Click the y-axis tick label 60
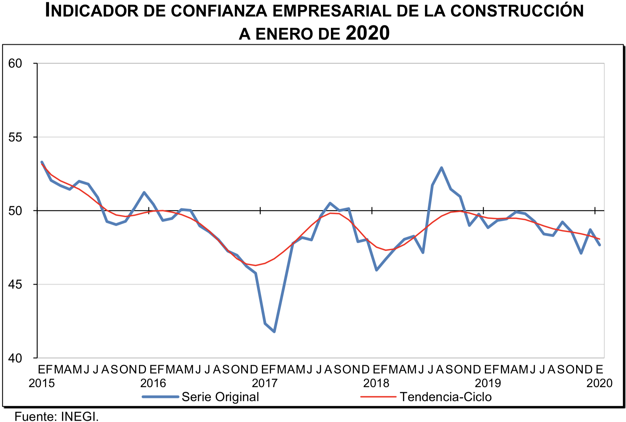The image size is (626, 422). click(x=15, y=64)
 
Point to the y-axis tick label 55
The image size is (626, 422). click(x=15, y=137)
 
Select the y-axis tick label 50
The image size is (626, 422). click(x=15, y=211)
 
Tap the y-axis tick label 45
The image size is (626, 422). click(x=15, y=285)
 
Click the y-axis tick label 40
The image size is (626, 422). click(x=15, y=358)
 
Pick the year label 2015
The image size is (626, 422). click(x=42, y=383)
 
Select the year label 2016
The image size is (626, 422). click(x=153, y=383)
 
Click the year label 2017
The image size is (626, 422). click(x=265, y=383)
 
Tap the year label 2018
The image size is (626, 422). click(x=376, y=383)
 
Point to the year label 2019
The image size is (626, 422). click(x=488, y=383)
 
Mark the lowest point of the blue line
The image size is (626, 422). click(x=274, y=332)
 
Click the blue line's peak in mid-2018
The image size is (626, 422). click(x=441, y=168)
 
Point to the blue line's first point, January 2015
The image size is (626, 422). click(x=42, y=162)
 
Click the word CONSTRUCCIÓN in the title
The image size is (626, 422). click(x=517, y=11)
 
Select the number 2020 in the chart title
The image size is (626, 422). click(x=367, y=33)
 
